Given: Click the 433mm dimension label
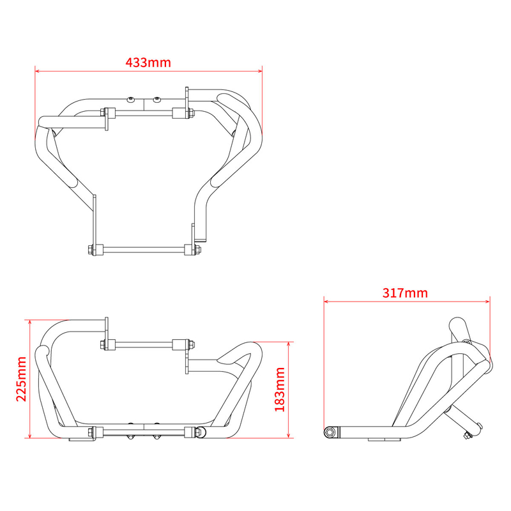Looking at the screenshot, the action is pos(148,62).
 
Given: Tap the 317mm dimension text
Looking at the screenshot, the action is pos(405,293).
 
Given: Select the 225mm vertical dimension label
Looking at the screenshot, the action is pos(22,379).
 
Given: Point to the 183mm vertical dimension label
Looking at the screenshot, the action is pos(280,390).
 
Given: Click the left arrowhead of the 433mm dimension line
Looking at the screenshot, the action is pos(37,70).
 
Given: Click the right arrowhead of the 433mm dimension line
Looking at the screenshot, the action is pos(260,70).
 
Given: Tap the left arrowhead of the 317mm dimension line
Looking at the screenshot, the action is pos(326,301).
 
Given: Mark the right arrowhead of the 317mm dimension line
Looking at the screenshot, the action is pos(487,301).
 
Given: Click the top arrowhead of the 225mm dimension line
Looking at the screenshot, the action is pos(29,322).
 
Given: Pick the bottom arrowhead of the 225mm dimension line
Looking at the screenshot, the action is pos(29,436).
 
